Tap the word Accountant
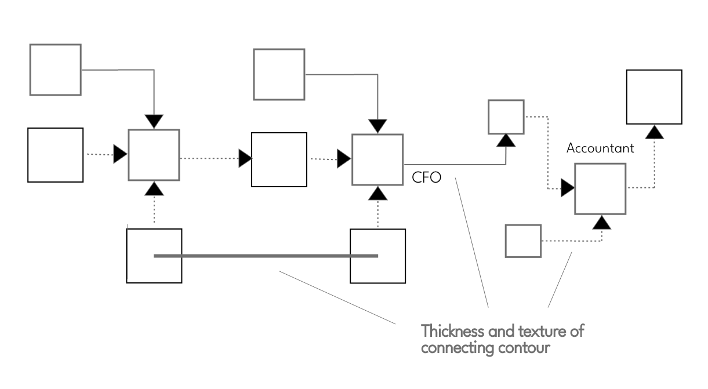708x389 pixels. pos(600,148)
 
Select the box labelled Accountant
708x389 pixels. pos(600,189)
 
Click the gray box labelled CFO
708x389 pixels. pos(377,159)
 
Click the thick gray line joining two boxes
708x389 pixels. pos(266,256)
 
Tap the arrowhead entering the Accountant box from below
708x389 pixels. pos(603,221)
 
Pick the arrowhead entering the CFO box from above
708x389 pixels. pos(378,125)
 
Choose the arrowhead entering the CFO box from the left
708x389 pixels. pos(344,158)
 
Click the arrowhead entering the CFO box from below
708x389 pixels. pos(378,192)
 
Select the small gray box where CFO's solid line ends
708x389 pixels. pos(506,117)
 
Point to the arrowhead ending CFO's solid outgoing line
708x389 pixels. pos(507,140)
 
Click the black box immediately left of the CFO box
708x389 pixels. pos(279,159)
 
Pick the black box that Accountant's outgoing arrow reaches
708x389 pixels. pos(654,96)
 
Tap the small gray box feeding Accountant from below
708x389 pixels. pos(523,241)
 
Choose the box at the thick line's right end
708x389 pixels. pos(378,256)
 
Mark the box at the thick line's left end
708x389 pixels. pos(154,256)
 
